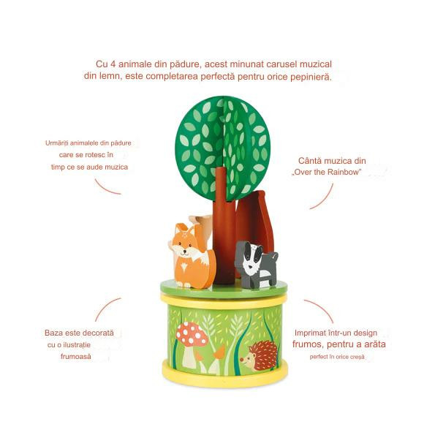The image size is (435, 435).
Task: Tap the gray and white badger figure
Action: (x=255, y=264)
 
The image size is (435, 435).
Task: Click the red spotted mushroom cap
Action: (x=192, y=334)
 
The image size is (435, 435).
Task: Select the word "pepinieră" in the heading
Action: (x=308, y=77)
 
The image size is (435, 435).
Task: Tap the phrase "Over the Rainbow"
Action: (x=324, y=173)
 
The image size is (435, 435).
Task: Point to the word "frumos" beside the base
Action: (x=311, y=344)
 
